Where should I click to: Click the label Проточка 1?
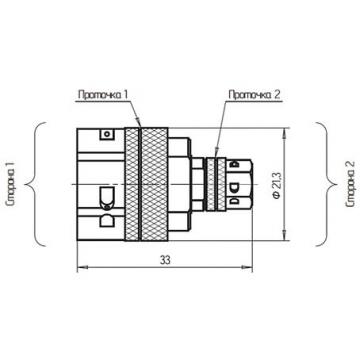click(x=103, y=95)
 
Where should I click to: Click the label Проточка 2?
click(x=255, y=95)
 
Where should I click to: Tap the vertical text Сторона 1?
click(x=13, y=184)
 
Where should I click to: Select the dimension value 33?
click(x=165, y=260)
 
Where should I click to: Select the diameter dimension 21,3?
click(x=277, y=185)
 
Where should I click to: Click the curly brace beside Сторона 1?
click(x=37, y=184)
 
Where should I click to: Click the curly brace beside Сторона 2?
click(x=324, y=184)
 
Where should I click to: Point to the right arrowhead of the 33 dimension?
click(x=247, y=267)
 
